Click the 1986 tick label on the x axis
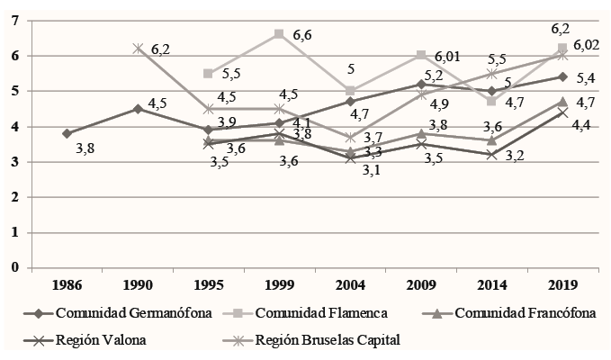[67, 285]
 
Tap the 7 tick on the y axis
[14, 21]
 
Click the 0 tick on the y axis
[14, 267]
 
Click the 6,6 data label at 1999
[301, 34]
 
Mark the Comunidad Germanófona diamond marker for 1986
[67, 133]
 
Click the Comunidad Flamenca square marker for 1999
[279, 34]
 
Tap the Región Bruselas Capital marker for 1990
[138, 49]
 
